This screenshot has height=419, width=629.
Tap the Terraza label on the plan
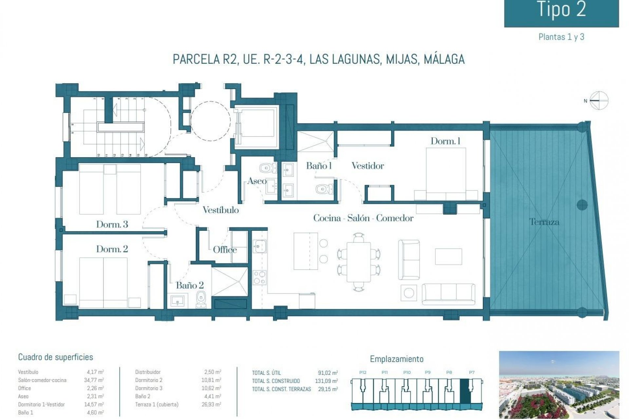point(544,222)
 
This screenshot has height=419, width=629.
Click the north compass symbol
point(599,100)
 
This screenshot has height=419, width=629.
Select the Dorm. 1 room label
point(445,141)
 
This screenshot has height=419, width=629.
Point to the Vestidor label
point(368,166)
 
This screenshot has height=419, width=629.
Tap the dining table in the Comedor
point(359,262)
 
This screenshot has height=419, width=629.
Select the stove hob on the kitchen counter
point(259,278)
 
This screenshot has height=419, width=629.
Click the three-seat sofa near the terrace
point(448,294)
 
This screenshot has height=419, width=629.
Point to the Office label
point(225,250)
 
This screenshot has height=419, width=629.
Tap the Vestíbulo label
point(220,210)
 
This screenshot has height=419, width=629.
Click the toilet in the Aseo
point(267,168)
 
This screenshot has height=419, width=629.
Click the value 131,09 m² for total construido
point(328,381)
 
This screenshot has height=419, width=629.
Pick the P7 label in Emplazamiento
point(471,373)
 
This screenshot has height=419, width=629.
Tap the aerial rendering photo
point(559,385)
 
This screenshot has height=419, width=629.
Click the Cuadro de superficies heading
point(55,357)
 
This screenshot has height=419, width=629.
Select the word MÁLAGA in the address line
point(444,59)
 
